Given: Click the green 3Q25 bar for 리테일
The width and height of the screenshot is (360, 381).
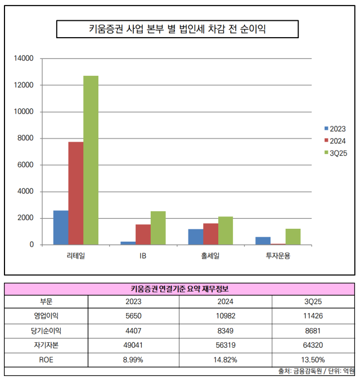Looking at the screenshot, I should pos(91,160).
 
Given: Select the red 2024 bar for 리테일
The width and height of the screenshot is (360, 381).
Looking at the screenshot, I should pos(76,193).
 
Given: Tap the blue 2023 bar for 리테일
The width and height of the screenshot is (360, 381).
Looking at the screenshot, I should pos(61,228).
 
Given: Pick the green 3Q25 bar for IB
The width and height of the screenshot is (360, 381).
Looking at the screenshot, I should pos(158,228).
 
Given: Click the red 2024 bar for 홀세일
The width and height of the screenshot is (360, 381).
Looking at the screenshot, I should pos(210,234).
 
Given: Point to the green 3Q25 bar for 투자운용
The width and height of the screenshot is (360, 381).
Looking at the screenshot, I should pos(292,237).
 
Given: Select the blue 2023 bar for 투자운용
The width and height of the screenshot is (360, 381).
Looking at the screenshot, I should pos(263,241).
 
